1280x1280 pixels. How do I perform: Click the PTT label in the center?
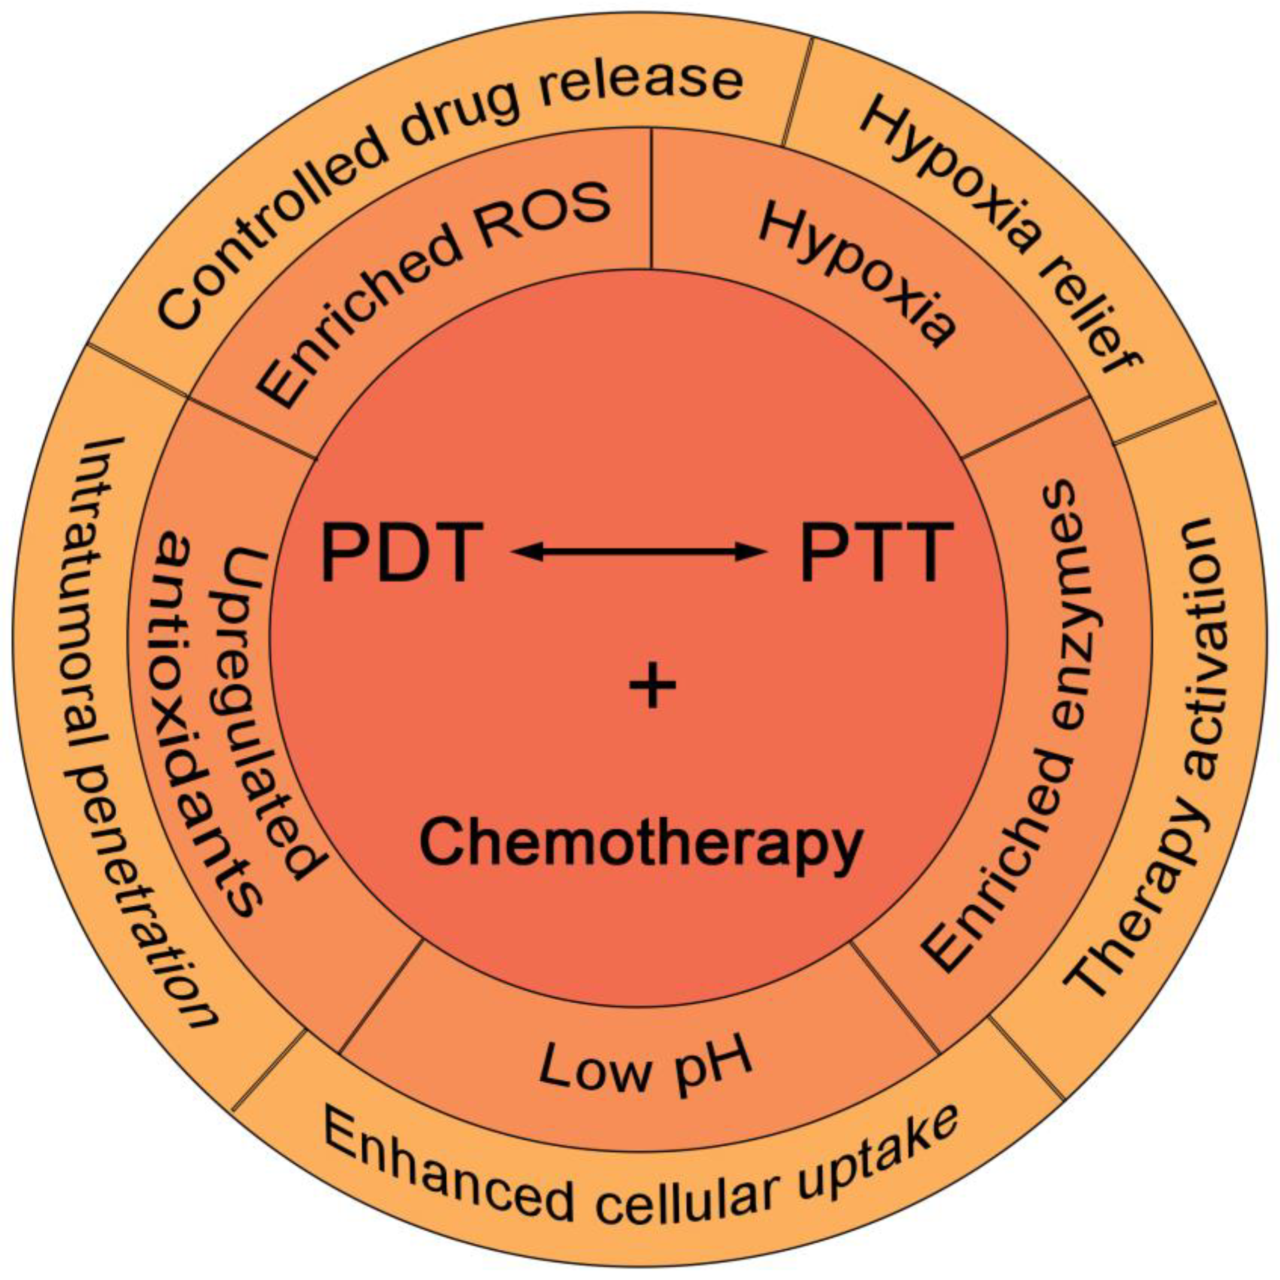[876, 552]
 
